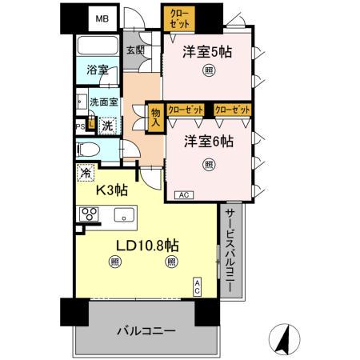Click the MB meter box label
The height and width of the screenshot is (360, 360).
[x=102, y=17]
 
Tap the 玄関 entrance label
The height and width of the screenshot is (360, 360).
[x=135, y=50]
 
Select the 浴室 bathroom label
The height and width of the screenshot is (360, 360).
[x=98, y=70]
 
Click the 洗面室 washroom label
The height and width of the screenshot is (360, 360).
[x=103, y=102]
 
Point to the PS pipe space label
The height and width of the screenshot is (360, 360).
[x=80, y=126]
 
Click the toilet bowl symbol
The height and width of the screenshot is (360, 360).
[x=89, y=149]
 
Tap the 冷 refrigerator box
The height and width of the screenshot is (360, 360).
[x=85, y=171]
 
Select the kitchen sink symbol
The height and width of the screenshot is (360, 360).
[x=124, y=214]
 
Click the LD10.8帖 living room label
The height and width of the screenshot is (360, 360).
[x=145, y=242]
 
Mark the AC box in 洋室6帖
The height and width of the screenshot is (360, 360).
[x=182, y=194]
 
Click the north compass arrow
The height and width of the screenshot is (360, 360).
[x=283, y=340]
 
